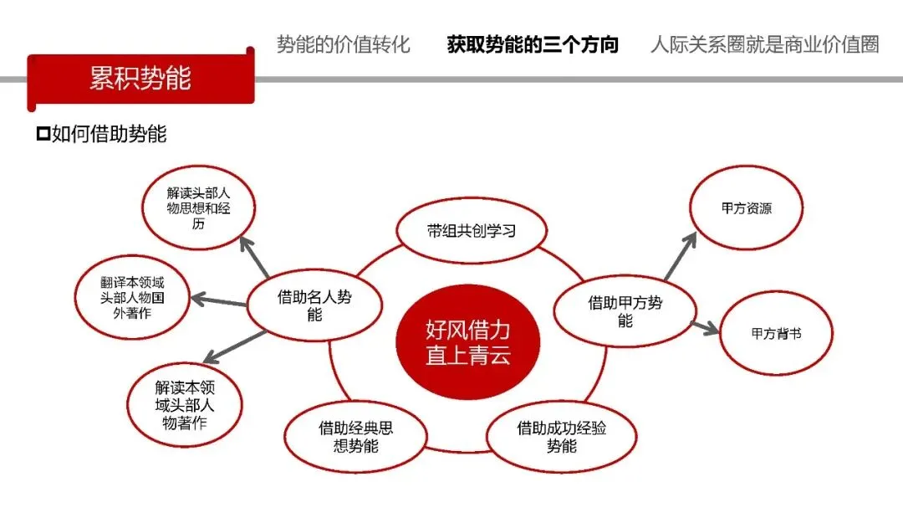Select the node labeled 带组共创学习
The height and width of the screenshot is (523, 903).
click(471, 230)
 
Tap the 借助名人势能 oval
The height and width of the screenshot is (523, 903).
click(314, 305)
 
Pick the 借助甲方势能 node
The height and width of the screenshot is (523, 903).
click(625, 310)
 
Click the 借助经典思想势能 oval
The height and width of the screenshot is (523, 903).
click(355, 437)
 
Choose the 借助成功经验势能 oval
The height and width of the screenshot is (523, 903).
click(561, 437)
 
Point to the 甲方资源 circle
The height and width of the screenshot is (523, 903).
click(746, 208)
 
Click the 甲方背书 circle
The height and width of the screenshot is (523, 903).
click(775, 332)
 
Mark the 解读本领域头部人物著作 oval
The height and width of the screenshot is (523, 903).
click(184, 406)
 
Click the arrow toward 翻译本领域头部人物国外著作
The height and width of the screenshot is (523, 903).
click(220, 300)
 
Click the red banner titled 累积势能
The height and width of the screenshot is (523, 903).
click(140, 79)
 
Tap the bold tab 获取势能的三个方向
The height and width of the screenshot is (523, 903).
click(533, 45)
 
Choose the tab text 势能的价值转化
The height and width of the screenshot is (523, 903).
click(344, 45)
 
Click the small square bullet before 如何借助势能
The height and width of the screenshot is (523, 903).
click(43, 134)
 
